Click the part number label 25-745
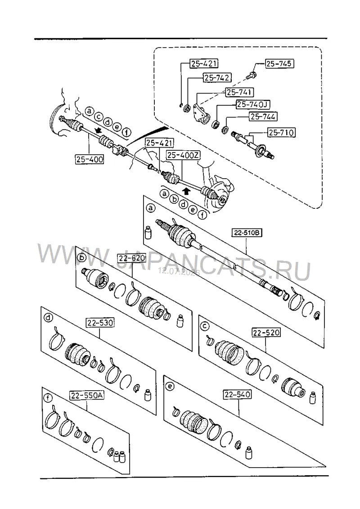279,63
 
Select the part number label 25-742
217,77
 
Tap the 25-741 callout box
240,92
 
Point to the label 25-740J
253,104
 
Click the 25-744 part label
263,116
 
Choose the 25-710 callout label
281,132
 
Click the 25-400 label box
90,159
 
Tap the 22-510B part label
247,233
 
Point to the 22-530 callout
100,323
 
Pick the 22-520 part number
266,333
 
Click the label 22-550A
87,396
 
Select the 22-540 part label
237,394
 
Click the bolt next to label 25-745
252,75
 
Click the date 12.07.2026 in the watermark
179,271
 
